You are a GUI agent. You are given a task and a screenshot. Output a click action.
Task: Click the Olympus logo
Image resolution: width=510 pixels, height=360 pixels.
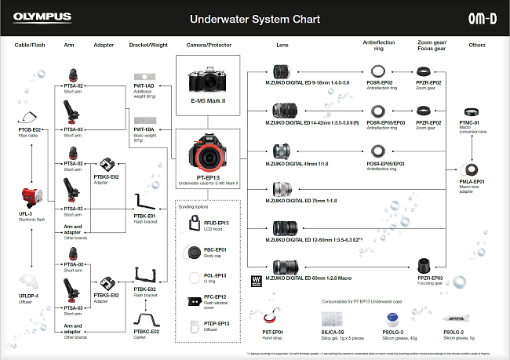(42, 15)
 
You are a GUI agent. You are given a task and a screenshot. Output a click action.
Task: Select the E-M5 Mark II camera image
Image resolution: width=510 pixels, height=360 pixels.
(208, 84)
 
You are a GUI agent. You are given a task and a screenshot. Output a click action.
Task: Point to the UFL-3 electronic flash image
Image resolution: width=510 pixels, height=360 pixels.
(30, 195)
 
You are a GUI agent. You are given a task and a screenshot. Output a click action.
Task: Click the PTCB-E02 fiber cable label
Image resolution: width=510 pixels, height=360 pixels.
(30, 129)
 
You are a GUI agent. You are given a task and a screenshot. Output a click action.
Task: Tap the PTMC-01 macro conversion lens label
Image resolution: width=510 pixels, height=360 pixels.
(471, 122)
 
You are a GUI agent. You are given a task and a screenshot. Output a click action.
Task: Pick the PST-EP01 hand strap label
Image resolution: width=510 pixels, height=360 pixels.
(272, 333)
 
